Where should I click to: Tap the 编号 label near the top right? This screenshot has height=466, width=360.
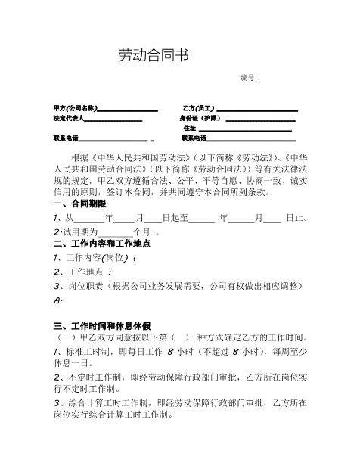point(249,79)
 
